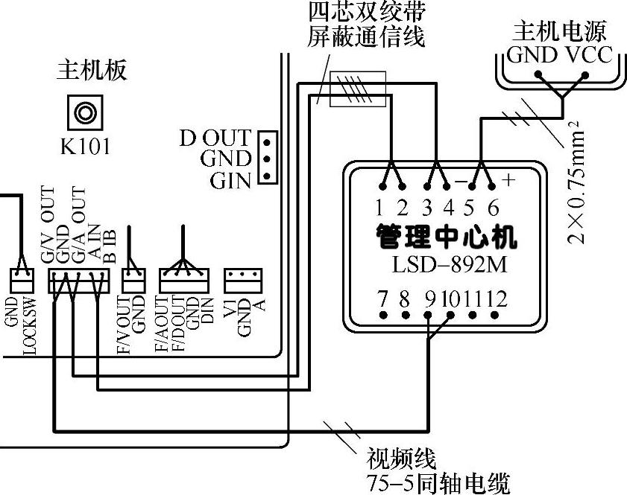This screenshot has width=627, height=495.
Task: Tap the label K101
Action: (x=85, y=146)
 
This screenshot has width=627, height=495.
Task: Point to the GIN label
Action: (x=230, y=180)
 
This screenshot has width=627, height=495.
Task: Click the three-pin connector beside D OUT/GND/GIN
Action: (x=266, y=158)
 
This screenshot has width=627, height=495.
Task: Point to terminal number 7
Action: (x=382, y=299)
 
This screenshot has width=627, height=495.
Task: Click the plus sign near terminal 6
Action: (x=509, y=180)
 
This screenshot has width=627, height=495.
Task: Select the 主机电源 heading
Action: (x=558, y=31)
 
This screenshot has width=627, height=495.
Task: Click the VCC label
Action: (x=587, y=54)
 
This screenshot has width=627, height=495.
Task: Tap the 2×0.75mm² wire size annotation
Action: (x=577, y=182)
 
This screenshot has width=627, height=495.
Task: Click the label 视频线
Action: (x=400, y=458)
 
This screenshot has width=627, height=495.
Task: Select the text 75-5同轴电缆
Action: (x=438, y=482)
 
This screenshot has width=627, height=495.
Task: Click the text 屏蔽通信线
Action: (x=366, y=36)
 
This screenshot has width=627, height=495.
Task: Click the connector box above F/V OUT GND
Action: (x=133, y=280)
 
